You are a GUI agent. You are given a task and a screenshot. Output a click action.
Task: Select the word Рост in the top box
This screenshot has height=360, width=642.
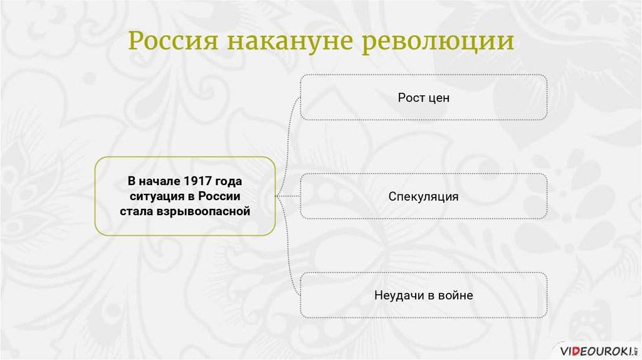411,98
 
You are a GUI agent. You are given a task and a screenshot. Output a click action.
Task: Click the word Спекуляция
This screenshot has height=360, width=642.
423,197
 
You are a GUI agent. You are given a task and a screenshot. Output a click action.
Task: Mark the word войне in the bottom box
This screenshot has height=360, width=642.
455,295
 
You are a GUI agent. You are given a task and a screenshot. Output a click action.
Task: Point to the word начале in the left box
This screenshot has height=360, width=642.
162,182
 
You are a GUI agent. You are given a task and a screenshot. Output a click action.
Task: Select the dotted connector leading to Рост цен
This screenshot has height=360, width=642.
290,125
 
